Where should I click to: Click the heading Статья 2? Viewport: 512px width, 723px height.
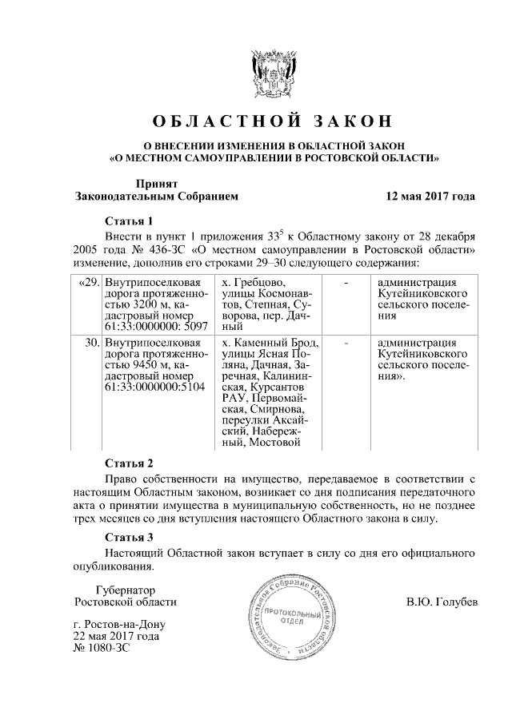click(x=128, y=463)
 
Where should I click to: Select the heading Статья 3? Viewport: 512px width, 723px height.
click(x=128, y=537)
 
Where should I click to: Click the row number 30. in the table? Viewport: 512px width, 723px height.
click(x=90, y=343)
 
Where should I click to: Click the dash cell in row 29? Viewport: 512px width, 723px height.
click(x=346, y=282)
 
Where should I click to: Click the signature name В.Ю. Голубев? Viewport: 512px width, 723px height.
click(x=441, y=602)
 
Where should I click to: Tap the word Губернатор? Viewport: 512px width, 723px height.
click(x=126, y=589)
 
